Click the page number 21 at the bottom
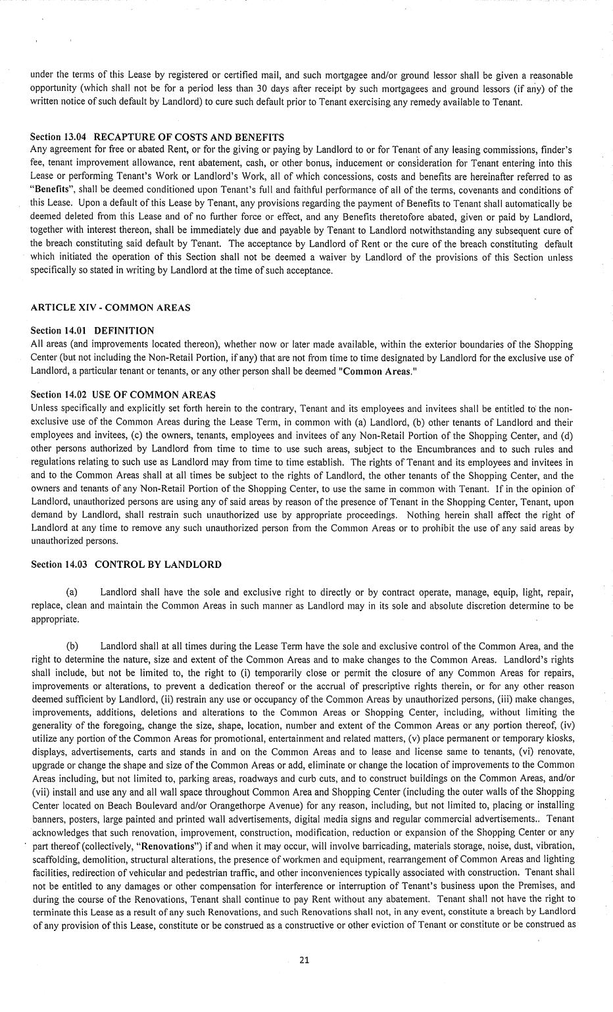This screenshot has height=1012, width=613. tap(304, 959)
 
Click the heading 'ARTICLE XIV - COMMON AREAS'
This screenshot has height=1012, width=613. tap(110, 307)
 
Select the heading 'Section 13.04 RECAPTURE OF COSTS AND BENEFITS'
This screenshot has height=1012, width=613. tap(157, 137)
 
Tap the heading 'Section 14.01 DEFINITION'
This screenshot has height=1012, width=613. tap(93, 330)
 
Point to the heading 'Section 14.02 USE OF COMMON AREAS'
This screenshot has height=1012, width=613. tap(123, 395)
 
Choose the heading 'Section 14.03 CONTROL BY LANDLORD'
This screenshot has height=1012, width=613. tap(126, 564)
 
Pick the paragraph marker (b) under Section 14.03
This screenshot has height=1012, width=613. tap(73, 646)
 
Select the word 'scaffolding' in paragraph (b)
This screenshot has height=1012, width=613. tap(53, 859)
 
